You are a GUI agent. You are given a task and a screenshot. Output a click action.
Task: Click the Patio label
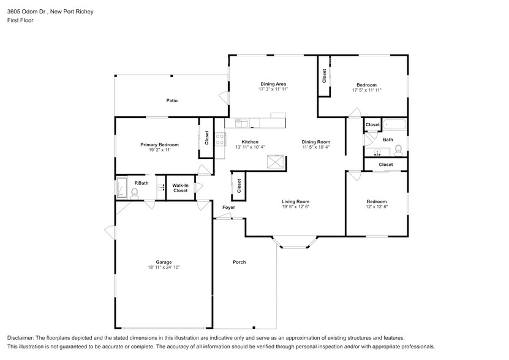pos(172,100)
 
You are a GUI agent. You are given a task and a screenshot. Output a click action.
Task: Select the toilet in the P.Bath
pos(135,192)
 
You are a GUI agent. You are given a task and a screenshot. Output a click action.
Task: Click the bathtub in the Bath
pos(394,125)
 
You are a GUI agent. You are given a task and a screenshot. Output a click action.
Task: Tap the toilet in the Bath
pos(398,149)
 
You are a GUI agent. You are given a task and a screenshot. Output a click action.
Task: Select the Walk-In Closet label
pos(180,188)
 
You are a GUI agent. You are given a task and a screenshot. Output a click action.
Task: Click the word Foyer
pos(228,208)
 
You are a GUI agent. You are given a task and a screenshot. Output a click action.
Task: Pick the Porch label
pos(239,262)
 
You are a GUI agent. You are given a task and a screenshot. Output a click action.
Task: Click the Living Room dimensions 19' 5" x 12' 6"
pos(295,207)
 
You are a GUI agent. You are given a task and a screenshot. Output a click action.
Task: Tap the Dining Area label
pos(273,84)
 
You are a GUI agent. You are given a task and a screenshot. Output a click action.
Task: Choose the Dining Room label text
pos(316,142)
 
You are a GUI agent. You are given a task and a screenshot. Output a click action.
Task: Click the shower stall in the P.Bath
pos(121,187)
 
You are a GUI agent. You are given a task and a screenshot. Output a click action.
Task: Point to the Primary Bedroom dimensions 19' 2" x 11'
pos(159,150)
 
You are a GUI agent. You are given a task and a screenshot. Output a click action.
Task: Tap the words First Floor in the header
pos(21,20)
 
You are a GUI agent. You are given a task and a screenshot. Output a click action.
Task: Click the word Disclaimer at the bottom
pos(21,338)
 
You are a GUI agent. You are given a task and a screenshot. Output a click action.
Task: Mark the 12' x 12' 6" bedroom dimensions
pos(377,207)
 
